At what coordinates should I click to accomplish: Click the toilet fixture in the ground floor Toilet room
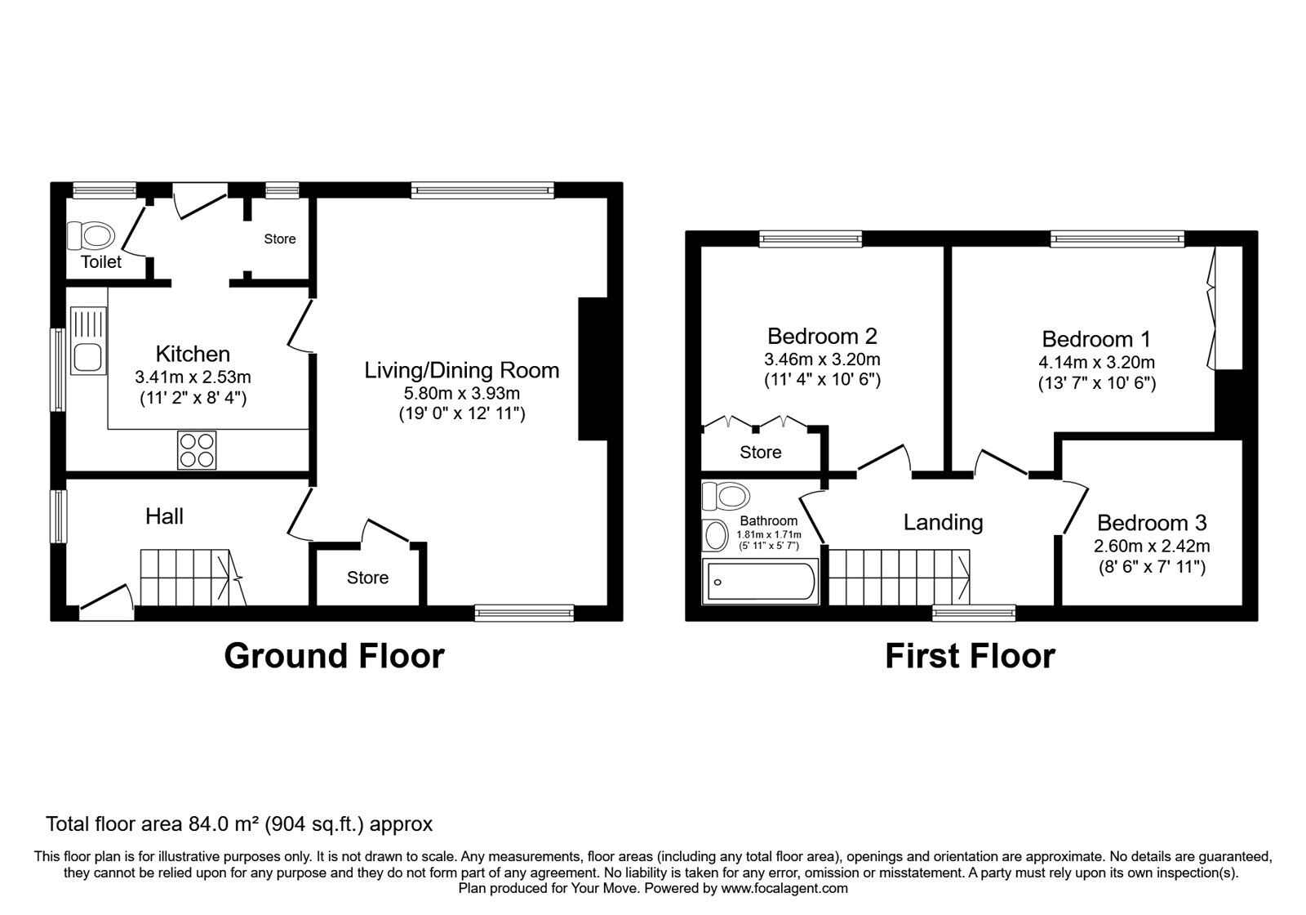[91, 236]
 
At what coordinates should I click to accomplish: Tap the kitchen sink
[88, 341]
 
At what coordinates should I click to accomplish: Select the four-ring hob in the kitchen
[197, 450]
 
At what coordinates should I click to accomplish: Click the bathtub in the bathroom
[760, 581]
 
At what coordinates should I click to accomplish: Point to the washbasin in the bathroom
[715, 535]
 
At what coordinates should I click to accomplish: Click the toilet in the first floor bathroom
[726, 496]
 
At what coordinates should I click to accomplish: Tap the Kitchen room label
[193, 355]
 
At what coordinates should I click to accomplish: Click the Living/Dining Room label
[461, 371]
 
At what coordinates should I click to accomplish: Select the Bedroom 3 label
[1152, 523]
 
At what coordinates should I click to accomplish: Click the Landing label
[943, 523]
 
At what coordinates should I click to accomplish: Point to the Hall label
[164, 516]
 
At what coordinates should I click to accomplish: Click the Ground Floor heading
[334, 656]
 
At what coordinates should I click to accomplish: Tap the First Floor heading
[971, 656]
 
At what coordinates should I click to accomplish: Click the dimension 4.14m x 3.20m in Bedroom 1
[1097, 363]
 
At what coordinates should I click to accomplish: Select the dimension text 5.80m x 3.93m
[462, 393]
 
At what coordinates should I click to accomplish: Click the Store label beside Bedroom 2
[760, 453]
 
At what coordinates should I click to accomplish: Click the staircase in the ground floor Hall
[193, 577]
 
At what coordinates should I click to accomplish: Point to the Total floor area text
[239, 824]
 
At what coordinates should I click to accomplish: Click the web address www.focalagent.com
[784, 888]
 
